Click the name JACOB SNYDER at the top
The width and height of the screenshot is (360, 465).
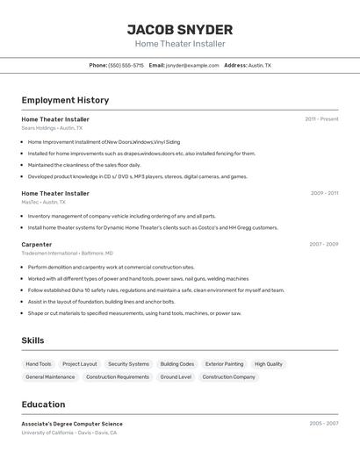click(180, 29)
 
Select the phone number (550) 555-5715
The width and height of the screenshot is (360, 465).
click(126, 65)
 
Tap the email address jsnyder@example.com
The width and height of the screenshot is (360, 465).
click(192, 65)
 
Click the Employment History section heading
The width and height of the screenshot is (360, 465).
click(65, 100)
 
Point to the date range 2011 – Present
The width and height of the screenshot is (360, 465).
click(321, 118)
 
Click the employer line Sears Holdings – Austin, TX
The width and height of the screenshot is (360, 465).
click(53, 128)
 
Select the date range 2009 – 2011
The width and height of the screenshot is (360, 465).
click(324, 192)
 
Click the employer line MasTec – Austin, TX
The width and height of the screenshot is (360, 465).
click(44, 202)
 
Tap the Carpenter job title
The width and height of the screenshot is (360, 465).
click(37, 244)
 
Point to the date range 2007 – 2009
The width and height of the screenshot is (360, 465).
click(324, 244)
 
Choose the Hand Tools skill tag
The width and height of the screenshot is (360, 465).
click(39, 363)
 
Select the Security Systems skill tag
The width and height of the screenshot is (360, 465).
click(128, 363)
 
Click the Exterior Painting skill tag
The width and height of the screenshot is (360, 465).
click(224, 363)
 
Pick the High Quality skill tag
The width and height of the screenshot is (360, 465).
click(269, 363)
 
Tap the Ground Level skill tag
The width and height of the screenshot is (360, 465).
click(176, 376)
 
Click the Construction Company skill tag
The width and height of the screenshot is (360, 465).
click(228, 376)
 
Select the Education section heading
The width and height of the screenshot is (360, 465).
click(43, 404)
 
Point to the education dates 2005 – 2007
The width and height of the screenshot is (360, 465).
click(324, 423)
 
